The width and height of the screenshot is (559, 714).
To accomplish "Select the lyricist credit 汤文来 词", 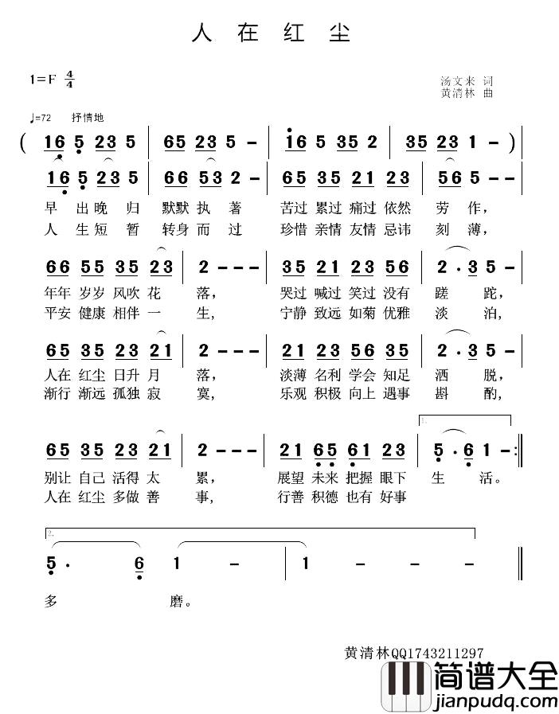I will [x=467, y=81].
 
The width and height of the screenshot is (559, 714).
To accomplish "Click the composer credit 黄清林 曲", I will [x=467, y=93].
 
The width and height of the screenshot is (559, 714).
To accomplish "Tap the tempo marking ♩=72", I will [x=40, y=118].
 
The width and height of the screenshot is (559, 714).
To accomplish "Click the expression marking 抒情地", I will [x=88, y=118].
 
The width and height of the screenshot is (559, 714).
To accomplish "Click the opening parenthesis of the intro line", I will [x=24, y=143].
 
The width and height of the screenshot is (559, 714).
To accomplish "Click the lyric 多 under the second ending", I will [x=53, y=602].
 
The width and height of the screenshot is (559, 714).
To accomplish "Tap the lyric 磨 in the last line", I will [x=176, y=602].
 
